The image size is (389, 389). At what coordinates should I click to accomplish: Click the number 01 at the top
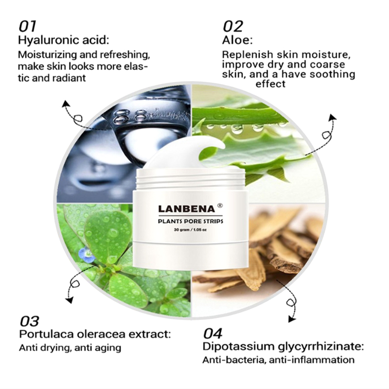(27, 26)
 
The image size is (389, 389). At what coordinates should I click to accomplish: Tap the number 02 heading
(233, 26)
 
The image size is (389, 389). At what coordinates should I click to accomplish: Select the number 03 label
(29, 321)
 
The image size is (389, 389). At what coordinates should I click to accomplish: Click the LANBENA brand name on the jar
(186, 209)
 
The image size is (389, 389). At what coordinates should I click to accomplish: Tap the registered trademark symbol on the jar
(220, 205)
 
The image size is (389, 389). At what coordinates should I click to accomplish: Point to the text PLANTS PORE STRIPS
(191, 221)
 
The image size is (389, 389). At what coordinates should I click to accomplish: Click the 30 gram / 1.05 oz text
(190, 230)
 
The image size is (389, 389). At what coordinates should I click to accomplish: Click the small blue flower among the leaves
(86, 254)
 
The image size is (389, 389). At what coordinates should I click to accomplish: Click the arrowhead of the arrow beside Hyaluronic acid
(66, 104)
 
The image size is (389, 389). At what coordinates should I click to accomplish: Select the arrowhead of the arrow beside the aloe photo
(333, 117)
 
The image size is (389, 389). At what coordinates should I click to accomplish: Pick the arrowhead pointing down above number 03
(70, 301)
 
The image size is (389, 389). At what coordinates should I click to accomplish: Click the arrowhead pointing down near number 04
(292, 319)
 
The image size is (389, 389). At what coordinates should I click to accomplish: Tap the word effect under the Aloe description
(270, 84)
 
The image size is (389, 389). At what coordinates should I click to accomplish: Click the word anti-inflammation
(312, 360)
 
